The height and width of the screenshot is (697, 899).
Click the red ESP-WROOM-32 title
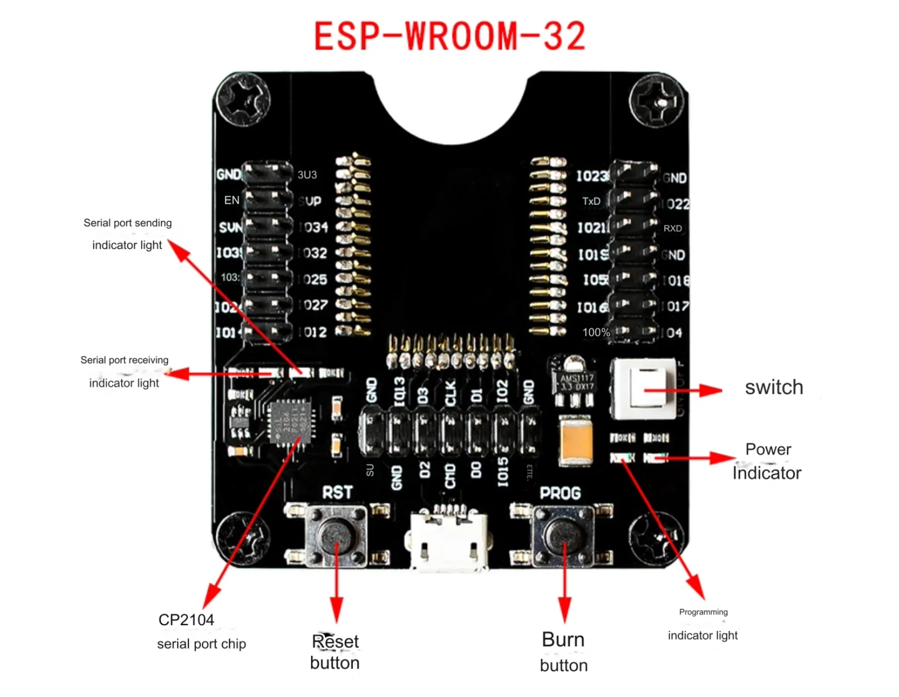tap(450, 36)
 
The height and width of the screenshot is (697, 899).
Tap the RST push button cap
tap(336, 535)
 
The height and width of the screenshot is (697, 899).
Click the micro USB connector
tap(448, 540)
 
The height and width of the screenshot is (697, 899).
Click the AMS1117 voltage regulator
tap(575, 381)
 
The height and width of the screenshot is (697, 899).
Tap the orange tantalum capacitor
tap(575, 440)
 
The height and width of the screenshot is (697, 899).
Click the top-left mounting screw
tap(244, 99)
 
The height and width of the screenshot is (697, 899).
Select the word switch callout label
tap(773, 388)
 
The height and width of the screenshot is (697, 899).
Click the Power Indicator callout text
tap(767, 461)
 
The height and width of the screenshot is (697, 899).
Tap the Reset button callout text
tap(335, 652)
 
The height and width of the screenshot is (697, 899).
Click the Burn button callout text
tap(563, 652)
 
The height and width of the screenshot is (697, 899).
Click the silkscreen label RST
tap(337, 493)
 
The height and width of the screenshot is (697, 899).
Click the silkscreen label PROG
tap(560, 493)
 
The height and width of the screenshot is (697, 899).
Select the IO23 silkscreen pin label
tap(591, 176)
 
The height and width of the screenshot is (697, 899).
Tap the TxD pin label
tap(591, 202)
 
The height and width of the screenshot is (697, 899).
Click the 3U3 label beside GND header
tap(307, 175)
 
